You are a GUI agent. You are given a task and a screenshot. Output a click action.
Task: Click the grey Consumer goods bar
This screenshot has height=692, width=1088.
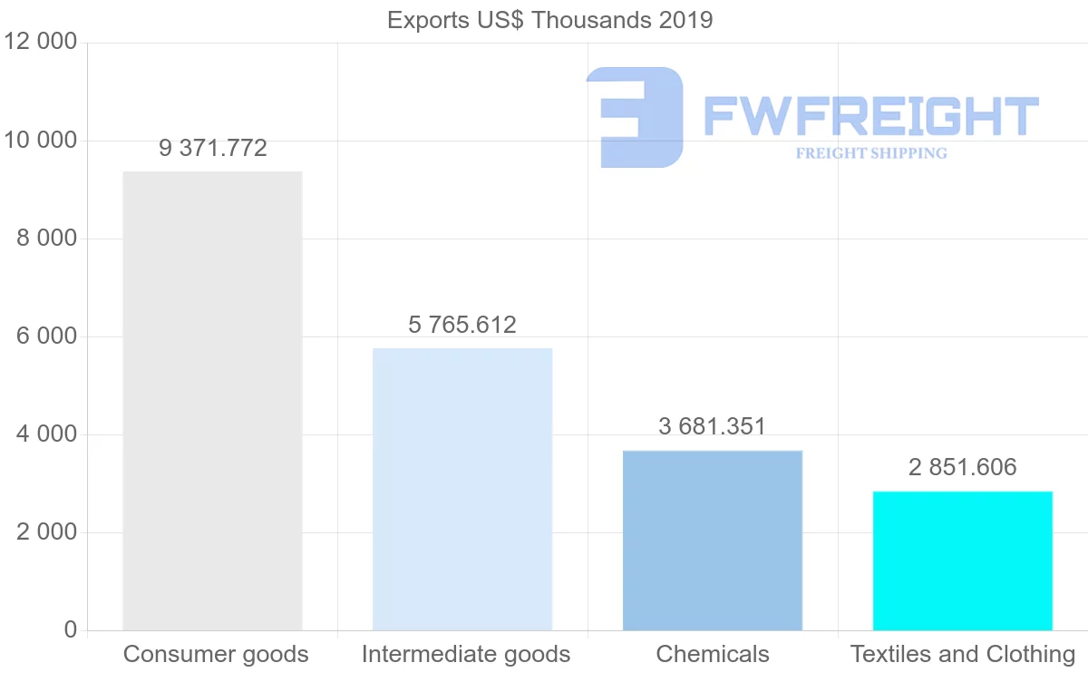point(212,401)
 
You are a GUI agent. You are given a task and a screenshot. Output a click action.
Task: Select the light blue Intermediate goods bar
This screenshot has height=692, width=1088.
point(462,489)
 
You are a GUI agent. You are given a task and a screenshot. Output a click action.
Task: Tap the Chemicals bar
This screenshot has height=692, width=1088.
point(713,541)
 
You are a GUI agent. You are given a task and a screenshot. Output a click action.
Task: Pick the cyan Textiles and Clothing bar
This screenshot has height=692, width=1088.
point(963,560)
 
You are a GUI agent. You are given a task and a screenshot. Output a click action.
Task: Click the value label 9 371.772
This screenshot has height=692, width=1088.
point(213,149)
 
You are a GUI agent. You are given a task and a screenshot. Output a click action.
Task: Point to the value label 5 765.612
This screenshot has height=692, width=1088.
point(462,325)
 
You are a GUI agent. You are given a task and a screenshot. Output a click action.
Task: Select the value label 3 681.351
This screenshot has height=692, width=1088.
point(713,426)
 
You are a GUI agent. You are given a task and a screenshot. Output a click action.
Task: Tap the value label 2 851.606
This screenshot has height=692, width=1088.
point(963,467)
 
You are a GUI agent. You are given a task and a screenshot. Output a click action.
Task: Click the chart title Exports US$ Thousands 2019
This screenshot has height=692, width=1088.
point(550,20)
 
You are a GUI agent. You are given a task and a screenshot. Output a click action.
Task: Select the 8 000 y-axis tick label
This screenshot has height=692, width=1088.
point(46,239)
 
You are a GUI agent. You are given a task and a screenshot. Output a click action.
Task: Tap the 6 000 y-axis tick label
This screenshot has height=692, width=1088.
point(46,336)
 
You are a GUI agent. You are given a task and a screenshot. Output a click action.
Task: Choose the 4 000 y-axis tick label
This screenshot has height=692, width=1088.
point(46,434)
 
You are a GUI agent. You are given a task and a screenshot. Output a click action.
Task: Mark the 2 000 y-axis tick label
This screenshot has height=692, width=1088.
point(46,532)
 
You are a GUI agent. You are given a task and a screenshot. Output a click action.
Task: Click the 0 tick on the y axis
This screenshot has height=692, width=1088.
point(71,630)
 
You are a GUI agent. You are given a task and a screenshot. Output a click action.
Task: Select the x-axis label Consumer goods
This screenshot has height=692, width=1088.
point(216,654)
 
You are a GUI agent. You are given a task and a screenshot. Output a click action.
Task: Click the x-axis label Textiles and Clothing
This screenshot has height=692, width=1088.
point(963,654)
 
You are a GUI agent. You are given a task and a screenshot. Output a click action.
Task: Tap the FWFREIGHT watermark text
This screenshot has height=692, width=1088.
point(870,116)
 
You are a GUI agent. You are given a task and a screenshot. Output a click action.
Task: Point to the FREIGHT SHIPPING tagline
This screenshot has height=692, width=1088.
point(871,153)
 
